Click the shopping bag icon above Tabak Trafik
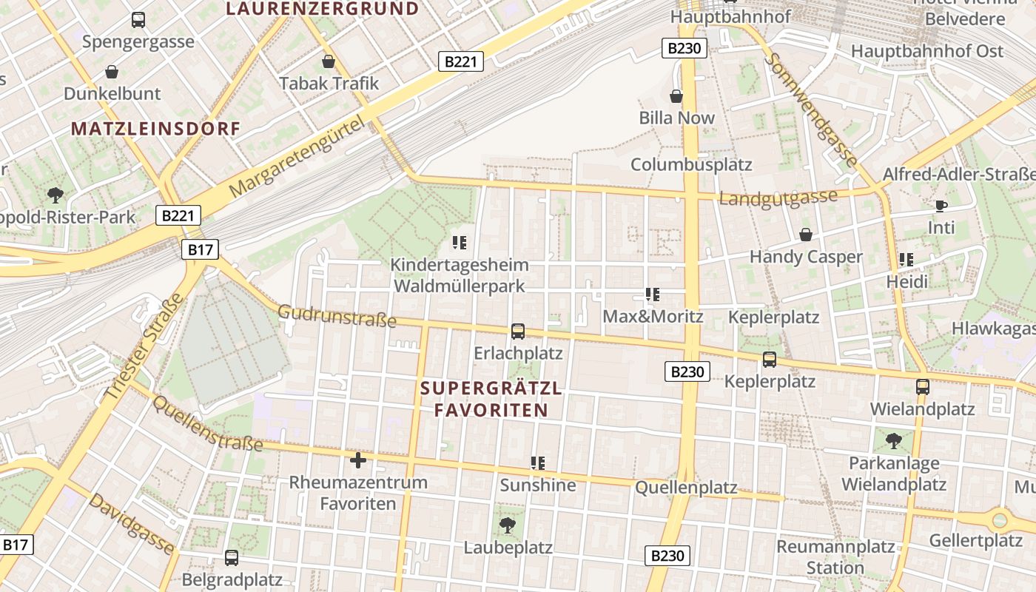coord(329,61)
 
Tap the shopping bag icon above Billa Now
coord(676,96)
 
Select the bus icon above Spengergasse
coord(138,20)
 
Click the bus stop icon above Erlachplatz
coord(518,331)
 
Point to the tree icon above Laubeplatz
coord(508,525)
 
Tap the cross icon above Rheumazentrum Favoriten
coord(358,460)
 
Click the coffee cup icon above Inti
coord(941,206)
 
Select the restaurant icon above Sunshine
coord(538,463)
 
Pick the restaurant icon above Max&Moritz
coord(652,295)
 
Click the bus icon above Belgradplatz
coord(232,557)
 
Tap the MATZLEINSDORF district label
coord(156,129)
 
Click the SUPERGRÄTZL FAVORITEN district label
coord(491,399)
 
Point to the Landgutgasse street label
coord(778,198)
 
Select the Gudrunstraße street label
coord(337,316)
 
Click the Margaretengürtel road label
coord(298,157)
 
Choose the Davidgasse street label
coord(132,524)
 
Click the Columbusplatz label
coord(691,164)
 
